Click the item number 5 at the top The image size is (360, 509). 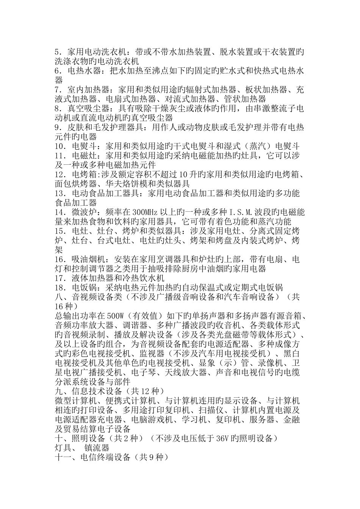[57, 52]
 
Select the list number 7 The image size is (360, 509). [57, 90]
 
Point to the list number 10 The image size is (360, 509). [60, 146]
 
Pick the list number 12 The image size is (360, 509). [60, 175]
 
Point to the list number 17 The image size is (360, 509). [60, 278]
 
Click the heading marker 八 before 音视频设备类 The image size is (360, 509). [59, 297]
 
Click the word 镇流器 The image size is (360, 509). [97, 448]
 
